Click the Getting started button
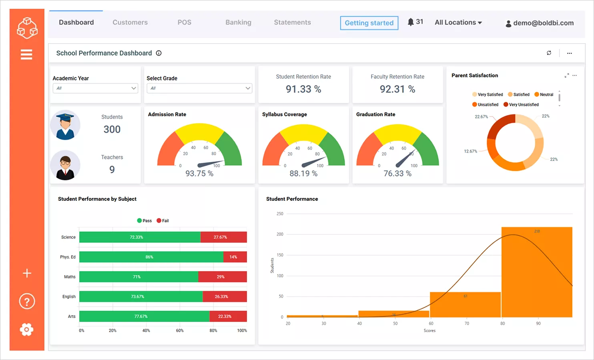[369, 23]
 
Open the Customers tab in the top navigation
[130, 22]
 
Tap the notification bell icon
[411, 22]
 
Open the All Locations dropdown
[458, 22]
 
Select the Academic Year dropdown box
[95, 88]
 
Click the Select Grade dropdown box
[199, 88]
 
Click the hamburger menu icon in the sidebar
[26, 54]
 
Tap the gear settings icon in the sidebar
[26, 330]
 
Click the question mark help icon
[27, 301]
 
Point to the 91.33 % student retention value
[303, 89]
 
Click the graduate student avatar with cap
[65, 125]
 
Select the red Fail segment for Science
[223, 237]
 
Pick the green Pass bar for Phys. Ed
[151, 257]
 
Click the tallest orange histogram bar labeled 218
[536, 272]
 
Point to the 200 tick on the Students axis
[280, 234]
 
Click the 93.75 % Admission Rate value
[199, 174]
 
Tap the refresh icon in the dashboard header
[549, 53]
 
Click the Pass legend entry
[144, 221]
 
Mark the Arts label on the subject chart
[72, 316]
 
